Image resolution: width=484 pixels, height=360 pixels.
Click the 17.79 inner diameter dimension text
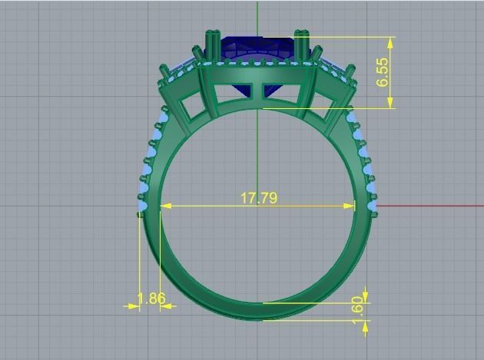pyautogui.click(x=258, y=198)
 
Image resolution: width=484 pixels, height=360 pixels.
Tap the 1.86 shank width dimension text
pyautogui.click(x=151, y=299)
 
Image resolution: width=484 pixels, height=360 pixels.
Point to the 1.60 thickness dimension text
pyautogui.click(x=356, y=306)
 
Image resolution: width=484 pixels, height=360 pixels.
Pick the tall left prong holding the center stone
pyautogui.click(x=211, y=46)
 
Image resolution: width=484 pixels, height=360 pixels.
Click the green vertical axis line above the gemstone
pyautogui.click(x=257, y=15)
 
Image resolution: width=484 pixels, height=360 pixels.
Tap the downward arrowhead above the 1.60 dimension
pyautogui.click(x=366, y=296)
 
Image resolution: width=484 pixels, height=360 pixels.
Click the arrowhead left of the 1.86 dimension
pyautogui.click(x=131, y=306)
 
